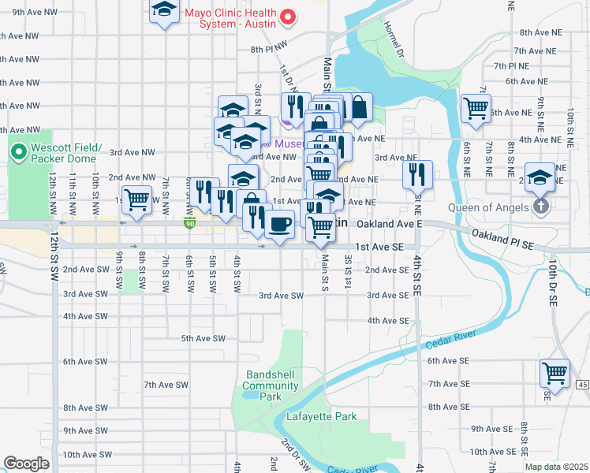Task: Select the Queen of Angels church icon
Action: point(540,207)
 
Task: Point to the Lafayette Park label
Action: point(321,416)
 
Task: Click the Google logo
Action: point(26,464)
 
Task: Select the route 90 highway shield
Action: point(189,225)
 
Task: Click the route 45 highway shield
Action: point(582,384)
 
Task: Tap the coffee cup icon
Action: point(279,225)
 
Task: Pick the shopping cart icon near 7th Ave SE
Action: point(555,372)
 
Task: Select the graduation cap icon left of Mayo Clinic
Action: point(164,9)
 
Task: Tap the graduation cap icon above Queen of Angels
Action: point(540,176)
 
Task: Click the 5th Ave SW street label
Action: point(204,338)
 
